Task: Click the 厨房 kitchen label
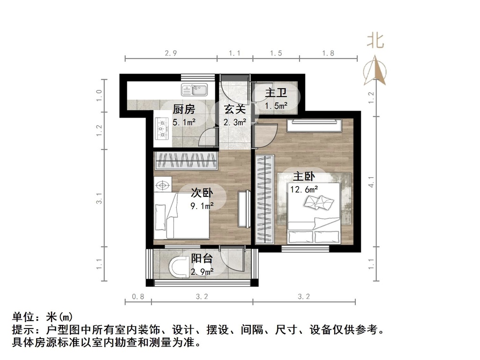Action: pos(184,110)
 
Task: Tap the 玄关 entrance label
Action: pos(234,110)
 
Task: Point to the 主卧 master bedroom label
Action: pos(304,177)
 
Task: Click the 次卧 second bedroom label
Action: pos(202,193)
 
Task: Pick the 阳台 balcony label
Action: pos(202,259)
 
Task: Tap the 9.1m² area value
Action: pos(202,205)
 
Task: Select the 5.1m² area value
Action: pos(184,122)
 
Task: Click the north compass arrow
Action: pos(375,71)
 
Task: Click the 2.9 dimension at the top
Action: pos(171,53)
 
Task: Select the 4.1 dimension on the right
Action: pos(371,181)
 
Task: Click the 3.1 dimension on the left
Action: pos(99,199)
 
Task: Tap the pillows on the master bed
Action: pos(318,202)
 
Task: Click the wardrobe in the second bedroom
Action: pos(186,161)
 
